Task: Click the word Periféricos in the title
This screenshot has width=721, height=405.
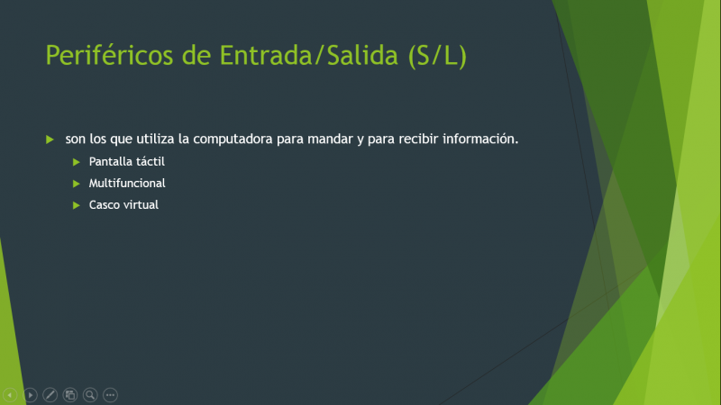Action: pos(109,56)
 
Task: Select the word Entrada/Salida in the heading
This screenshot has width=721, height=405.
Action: pos(308,56)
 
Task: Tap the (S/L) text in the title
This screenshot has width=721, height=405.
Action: pos(437,57)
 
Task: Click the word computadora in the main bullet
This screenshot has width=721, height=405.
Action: pos(233,139)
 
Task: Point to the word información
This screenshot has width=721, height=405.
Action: pos(480,139)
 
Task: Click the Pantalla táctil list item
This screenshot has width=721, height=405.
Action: pos(127,162)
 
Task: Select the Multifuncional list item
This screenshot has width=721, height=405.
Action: pos(127,184)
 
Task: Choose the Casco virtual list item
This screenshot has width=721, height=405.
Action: pos(123,205)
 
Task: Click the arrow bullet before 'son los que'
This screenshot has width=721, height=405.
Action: pos(50,139)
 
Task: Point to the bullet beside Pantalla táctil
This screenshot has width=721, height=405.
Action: pos(77,162)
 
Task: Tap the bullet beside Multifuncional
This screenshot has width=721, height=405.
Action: pos(77,184)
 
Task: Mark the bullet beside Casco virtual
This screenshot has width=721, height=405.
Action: pos(77,205)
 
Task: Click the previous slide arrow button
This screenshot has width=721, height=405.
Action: pos(10,395)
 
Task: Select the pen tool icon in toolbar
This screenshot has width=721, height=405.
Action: pos(50,395)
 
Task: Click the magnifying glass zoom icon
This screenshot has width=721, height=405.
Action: pos(90,395)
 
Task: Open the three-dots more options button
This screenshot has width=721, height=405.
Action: pos(110,395)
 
